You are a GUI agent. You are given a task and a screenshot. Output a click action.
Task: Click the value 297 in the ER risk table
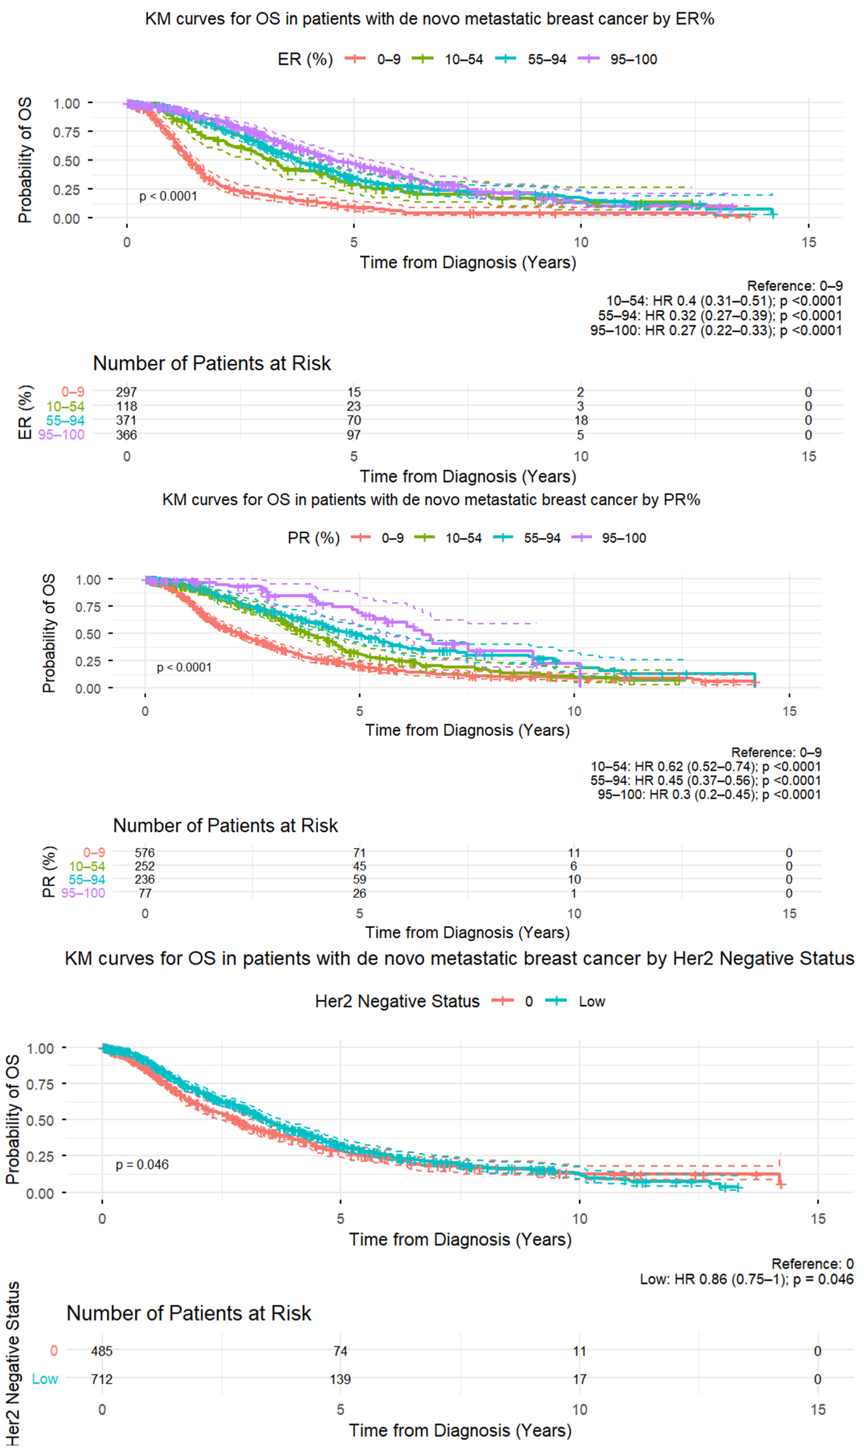[126, 392]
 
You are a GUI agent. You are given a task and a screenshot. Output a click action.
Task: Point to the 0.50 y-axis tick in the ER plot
[66, 161]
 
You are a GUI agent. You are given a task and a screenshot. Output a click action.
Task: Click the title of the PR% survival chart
[431, 500]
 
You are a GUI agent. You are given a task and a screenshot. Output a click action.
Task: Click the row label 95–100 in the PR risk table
[83, 893]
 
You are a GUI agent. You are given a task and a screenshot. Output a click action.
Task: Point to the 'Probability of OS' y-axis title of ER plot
[25, 161]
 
